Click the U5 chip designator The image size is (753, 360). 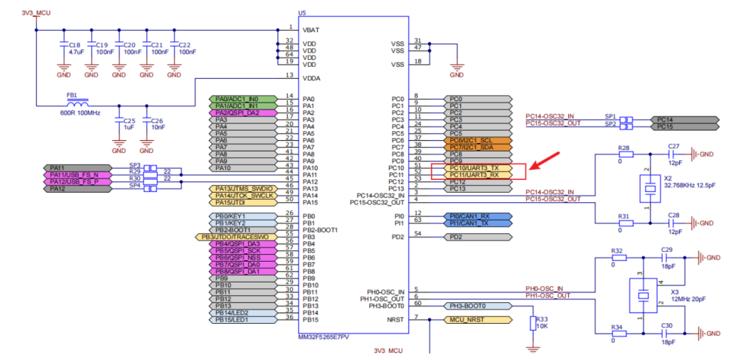[x=302, y=13]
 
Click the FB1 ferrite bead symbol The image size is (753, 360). [x=72, y=105]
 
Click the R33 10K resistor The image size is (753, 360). [x=533, y=322]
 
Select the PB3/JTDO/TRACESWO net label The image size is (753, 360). [x=236, y=237]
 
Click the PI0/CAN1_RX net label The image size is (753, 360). [x=473, y=216]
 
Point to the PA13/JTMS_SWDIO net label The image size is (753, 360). [x=238, y=188]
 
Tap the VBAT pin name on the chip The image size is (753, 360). [x=312, y=30]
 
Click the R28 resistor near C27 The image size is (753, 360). [x=625, y=154]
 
